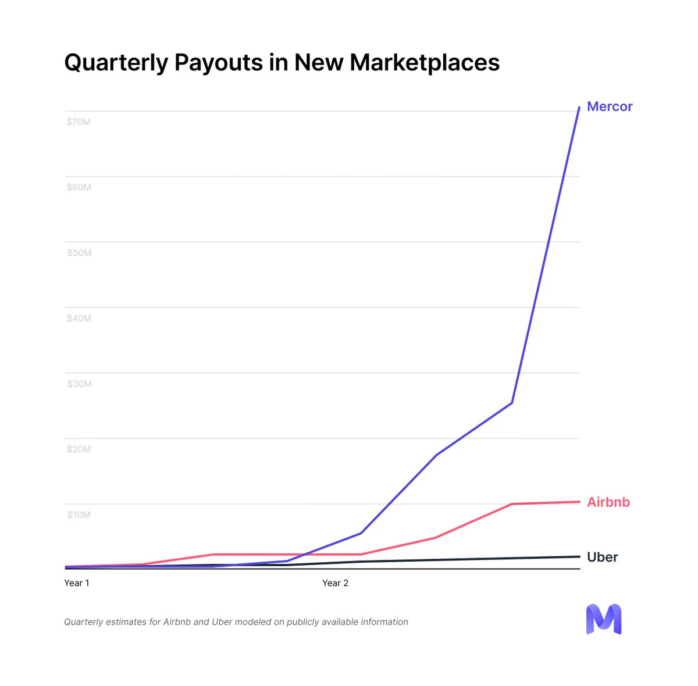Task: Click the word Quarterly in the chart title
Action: click(x=116, y=63)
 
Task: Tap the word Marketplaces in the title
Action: click(x=425, y=62)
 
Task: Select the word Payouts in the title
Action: click(x=219, y=62)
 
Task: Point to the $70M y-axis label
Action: click(x=79, y=122)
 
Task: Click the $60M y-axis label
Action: click(x=79, y=187)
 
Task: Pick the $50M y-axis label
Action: click(x=79, y=253)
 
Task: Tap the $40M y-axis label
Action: click(x=79, y=319)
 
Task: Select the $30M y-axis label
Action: click(x=79, y=384)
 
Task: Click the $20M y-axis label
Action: click(x=79, y=449)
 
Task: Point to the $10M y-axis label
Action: click(x=79, y=514)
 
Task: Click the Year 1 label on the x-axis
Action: click(x=76, y=583)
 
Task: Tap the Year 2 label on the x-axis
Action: click(x=335, y=583)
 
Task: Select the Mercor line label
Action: click(x=610, y=106)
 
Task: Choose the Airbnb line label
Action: click(x=608, y=502)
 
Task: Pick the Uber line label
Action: click(x=603, y=557)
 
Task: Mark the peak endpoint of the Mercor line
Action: click(x=579, y=107)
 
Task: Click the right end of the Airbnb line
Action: click(x=579, y=502)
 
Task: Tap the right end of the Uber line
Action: click(x=579, y=557)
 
